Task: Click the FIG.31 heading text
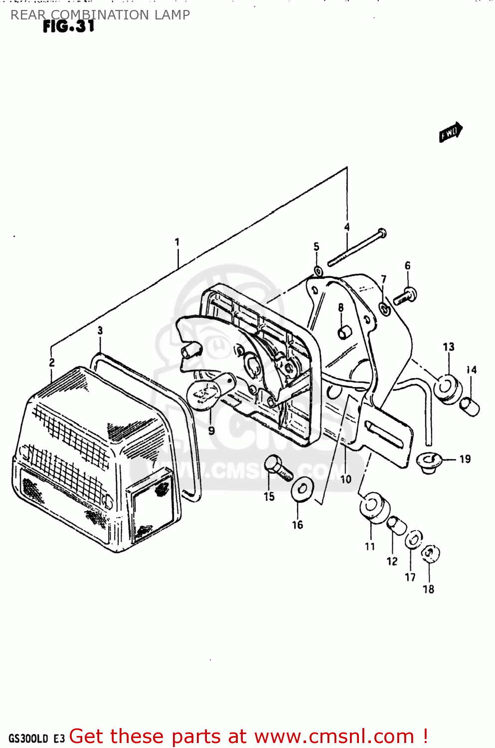click(68, 26)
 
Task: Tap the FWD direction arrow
click(451, 133)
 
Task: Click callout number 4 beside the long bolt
click(347, 227)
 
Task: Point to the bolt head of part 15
click(273, 464)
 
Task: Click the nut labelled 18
click(430, 553)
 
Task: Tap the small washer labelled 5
click(318, 271)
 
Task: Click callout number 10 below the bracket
click(346, 479)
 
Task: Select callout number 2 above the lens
click(52, 363)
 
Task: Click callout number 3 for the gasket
click(100, 330)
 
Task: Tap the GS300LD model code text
click(28, 739)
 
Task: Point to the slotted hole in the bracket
click(384, 434)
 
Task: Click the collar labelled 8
click(344, 332)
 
